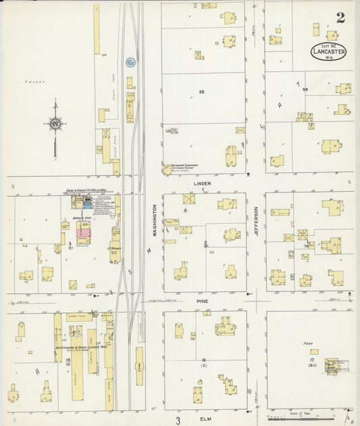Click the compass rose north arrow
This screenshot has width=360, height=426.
click(x=55, y=124)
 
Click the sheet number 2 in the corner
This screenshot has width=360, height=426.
click(x=340, y=18)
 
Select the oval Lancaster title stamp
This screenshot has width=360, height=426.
click(x=329, y=51)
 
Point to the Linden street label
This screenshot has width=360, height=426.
click(x=203, y=183)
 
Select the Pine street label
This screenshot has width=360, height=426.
click(x=203, y=300)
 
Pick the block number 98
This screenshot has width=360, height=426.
click(x=201, y=91)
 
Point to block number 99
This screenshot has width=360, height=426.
click(x=305, y=89)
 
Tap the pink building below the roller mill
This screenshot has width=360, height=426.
click(x=83, y=233)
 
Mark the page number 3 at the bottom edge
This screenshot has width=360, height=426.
click(x=178, y=421)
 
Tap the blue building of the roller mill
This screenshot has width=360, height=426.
click(x=88, y=202)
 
